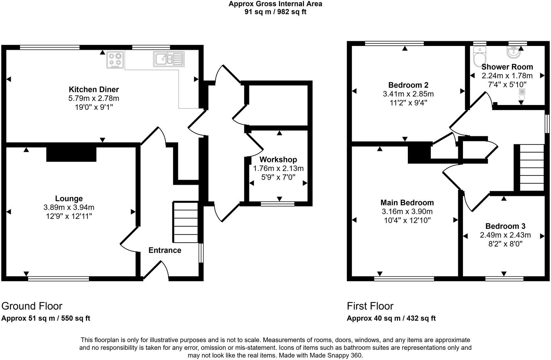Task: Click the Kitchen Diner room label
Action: [94, 89]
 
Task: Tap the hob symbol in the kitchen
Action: [115, 60]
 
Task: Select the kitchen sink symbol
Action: [168, 59]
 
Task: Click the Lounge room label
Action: [69, 199]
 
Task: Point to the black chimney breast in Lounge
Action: [71, 154]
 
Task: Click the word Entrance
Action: [165, 250]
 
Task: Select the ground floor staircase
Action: [185, 222]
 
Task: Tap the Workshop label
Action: [278, 160]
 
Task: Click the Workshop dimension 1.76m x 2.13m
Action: [278, 168]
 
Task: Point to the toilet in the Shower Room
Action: [479, 57]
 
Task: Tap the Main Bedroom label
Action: [407, 203]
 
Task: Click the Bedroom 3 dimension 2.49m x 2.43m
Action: [505, 235]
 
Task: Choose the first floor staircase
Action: [532, 168]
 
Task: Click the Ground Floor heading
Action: [32, 306]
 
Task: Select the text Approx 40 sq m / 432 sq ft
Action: [391, 318]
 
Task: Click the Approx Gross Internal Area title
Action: [275, 4]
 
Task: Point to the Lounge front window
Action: [58, 279]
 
